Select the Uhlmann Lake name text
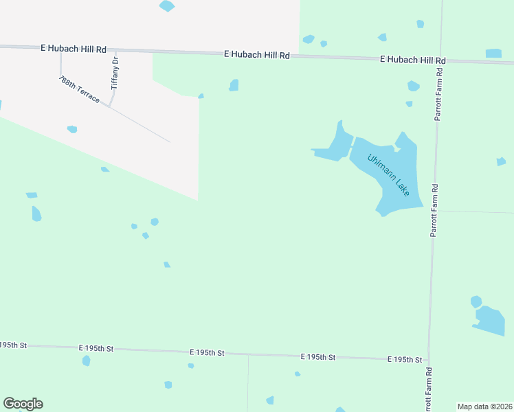point(388,174)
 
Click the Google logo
point(23,404)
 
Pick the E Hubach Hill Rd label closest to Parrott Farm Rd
point(413,60)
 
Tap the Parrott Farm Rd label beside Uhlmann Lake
point(434,210)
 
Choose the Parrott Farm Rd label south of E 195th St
point(428,389)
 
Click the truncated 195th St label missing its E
point(12,345)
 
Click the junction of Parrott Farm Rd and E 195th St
point(429,360)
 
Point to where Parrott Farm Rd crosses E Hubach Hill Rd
point(438,61)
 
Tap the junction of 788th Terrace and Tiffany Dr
point(110,105)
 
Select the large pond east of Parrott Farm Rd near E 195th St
point(491,321)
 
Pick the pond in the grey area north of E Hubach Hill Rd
point(167,6)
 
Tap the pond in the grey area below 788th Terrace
point(72,129)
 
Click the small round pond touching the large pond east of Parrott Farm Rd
point(476,301)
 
